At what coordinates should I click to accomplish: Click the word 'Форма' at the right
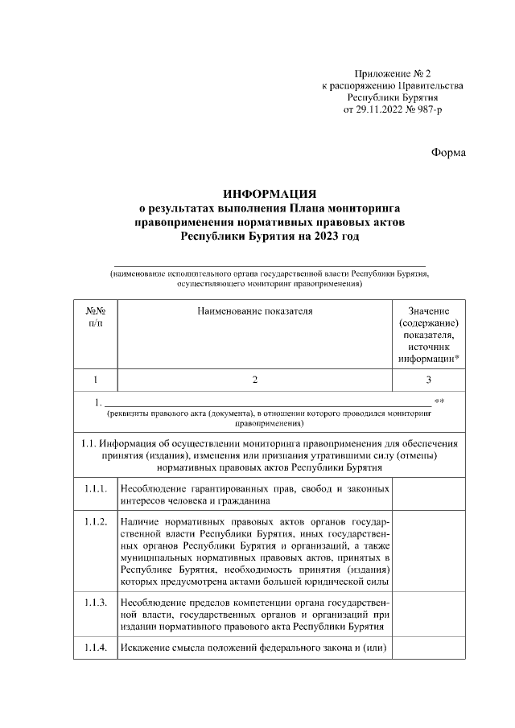click(448, 152)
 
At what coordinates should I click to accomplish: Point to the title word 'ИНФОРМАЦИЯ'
click(269, 194)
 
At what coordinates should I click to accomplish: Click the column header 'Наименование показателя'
click(254, 310)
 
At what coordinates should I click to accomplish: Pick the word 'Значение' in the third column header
click(429, 311)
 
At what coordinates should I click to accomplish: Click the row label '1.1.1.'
click(96, 488)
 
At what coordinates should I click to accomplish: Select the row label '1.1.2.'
click(96, 522)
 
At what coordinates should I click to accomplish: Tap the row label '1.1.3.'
click(96, 603)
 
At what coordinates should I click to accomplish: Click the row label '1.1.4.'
click(96, 649)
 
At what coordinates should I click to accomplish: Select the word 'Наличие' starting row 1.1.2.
click(141, 522)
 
